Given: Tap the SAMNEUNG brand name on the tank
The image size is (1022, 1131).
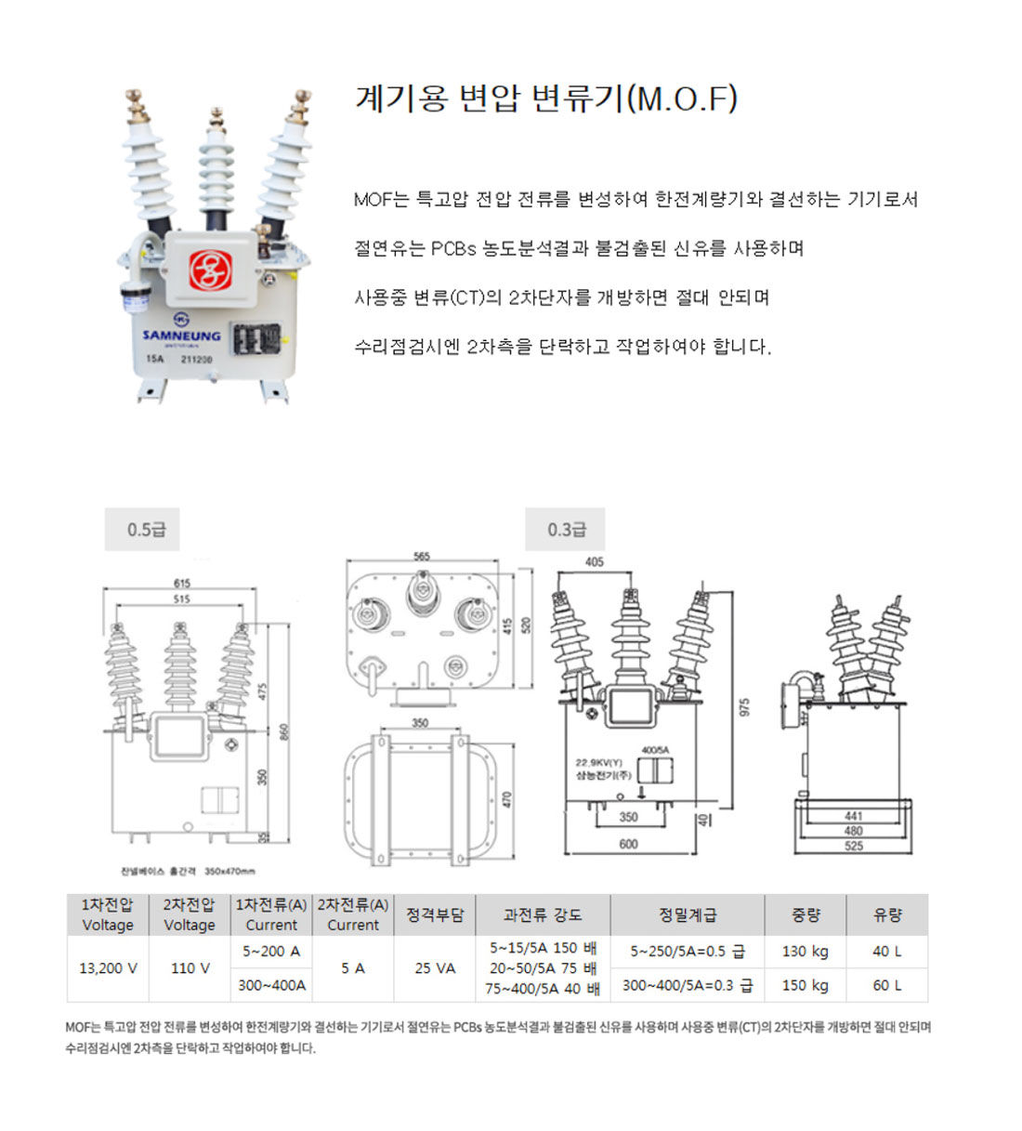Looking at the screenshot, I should [x=182, y=336].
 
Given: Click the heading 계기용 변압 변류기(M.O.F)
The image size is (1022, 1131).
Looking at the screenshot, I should [x=546, y=98].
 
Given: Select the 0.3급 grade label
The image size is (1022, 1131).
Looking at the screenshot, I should [x=566, y=530].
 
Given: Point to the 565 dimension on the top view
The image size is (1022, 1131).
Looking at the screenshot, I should [x=422, y=557].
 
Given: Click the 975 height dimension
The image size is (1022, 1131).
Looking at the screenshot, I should [x=743, y=707].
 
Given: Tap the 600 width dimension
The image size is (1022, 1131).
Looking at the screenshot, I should [x=628, y=844].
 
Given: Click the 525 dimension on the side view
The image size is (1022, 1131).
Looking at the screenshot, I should [x=853, y=847].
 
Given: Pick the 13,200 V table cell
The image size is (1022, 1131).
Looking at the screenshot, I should [x=108, y=968].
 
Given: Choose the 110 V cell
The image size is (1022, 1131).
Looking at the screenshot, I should [x=190, y=968].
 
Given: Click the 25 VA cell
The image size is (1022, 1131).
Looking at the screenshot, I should [x=435, y=968].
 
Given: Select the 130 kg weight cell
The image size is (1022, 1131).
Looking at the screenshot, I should [x=805, y=952].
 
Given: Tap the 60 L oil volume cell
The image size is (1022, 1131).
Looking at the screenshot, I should [x=886, y=985].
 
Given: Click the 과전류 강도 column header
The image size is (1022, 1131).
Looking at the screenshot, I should [x=543, y=915].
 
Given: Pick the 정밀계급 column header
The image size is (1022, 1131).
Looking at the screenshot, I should [x=688, y=915].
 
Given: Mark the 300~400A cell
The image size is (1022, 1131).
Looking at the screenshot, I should [x=271, y=985].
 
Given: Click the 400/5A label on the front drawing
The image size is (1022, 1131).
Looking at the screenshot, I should [x=654, y=749].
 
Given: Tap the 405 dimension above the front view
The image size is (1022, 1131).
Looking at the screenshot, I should [x=595, y=562].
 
